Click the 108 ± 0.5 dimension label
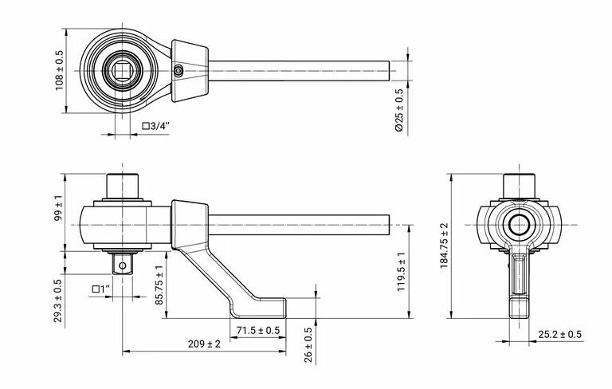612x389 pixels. pos(59,70)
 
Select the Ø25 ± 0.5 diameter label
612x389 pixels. pos(399,110)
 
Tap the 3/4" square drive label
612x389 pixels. pos(156,126)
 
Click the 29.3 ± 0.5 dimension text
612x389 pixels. pos(57,301)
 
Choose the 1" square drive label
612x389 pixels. pos(101,289)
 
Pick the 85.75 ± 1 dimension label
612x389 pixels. pos(159,285)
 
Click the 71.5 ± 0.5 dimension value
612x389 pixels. pos(258,331)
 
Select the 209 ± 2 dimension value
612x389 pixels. pos(204,344)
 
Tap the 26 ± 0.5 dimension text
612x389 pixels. pos(308,345)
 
